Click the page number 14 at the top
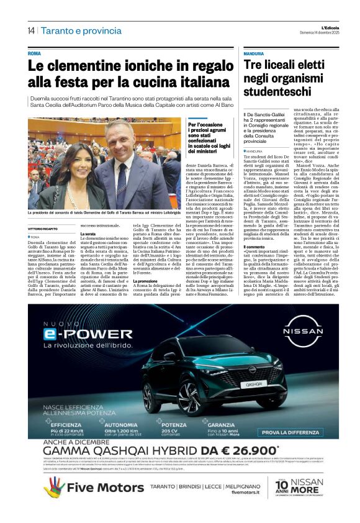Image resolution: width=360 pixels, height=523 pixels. coord(31,30)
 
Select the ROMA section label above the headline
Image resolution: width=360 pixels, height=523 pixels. coord(34,53)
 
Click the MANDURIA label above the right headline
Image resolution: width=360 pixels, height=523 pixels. coord(255,54)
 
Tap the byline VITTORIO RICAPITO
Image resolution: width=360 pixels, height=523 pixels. coord(46,229)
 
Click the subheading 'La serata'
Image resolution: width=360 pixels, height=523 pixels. coord(89,234)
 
